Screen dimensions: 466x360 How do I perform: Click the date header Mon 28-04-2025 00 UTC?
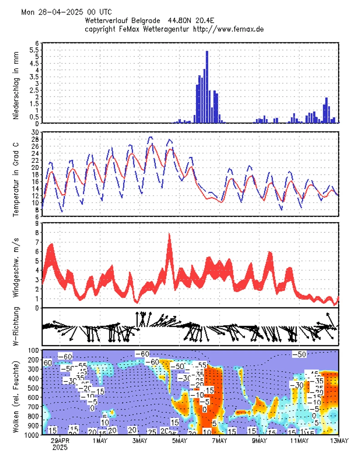66,12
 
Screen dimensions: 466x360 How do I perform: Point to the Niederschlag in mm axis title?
16,88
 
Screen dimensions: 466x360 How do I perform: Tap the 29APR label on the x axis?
60,441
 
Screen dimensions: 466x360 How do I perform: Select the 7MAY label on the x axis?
220,441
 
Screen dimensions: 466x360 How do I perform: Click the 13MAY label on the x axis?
338,441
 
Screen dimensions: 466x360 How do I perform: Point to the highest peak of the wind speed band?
170,234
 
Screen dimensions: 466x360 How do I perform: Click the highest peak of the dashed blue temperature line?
150,137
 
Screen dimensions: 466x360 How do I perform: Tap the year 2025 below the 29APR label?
60,448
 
